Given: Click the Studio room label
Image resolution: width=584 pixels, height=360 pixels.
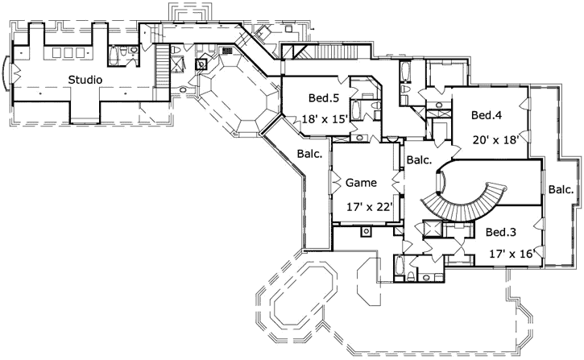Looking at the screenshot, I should pyautogui.click(x=85, y=80).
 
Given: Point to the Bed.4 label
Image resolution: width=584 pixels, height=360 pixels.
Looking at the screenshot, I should pyautogui.click(x=487, y=115).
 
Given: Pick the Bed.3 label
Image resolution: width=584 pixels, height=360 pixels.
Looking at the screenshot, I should pyautogui.click(x=502, y=232).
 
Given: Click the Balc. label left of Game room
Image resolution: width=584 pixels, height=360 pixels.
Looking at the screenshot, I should pyautogui.click(x=310, y=153).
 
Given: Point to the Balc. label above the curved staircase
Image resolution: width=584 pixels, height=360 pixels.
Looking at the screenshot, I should pyautogui.click(x=419, y=160).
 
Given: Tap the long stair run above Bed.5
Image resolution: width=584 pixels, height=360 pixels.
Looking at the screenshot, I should pyautogui.click(x=327, y=53).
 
